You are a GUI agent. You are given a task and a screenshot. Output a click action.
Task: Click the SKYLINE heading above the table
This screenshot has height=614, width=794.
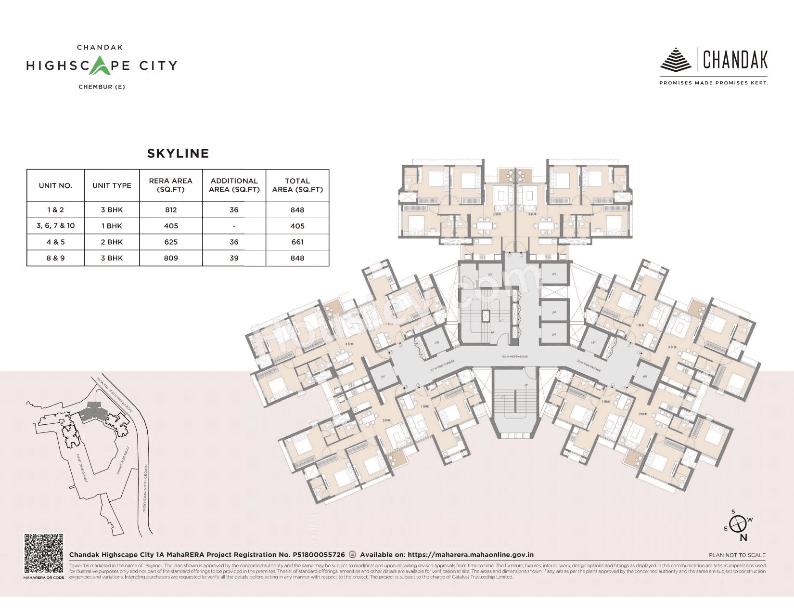point(178,153)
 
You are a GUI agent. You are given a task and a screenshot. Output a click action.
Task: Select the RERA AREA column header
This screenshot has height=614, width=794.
point(170,185)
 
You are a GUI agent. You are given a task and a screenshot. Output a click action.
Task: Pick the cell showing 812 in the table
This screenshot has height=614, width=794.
point(170,210)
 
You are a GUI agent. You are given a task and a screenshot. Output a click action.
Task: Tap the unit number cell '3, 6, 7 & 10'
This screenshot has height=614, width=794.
point(55,225)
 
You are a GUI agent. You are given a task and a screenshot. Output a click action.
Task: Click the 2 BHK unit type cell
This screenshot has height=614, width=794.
point(112,242)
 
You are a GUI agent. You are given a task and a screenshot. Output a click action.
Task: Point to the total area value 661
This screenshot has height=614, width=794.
point(297,242)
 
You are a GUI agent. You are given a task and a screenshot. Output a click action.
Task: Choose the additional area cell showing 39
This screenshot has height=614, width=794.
point(234,258)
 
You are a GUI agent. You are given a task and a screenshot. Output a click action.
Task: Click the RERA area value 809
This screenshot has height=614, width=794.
point(170,258)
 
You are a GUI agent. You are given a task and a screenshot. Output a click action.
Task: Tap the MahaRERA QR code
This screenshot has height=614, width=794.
point(43,553)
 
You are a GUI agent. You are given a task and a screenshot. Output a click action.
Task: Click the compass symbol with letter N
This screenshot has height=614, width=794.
point(739,524)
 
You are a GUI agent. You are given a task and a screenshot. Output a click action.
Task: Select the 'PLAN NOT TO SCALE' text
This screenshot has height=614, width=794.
point(737,555)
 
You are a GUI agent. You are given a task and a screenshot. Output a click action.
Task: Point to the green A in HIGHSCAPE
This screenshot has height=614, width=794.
point(100,65)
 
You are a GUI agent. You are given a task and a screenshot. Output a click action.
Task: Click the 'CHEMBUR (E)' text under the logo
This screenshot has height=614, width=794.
point(102,87)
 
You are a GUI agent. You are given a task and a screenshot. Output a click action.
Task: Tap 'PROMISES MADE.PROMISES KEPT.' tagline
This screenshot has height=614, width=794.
point(713,83)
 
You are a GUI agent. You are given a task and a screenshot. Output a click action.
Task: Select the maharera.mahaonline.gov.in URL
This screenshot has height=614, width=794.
point(471,555)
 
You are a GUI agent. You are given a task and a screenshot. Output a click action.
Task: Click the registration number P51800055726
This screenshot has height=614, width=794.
point(319,555)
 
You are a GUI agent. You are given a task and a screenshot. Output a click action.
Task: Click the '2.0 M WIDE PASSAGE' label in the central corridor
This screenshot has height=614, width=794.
point(514,357)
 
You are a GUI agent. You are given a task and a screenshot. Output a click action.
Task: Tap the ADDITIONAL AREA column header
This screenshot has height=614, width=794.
point(234,185)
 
